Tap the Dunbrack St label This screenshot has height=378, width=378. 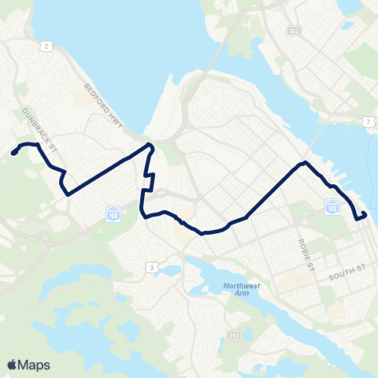tap(40, 128)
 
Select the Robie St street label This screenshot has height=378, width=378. tap(307, 254)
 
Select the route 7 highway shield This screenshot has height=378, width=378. tap(367, 120)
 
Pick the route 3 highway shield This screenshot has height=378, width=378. tap(150, 269)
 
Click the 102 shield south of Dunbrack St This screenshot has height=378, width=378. tap(112, 212)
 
